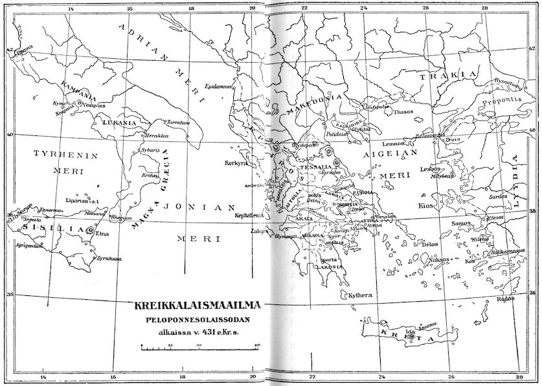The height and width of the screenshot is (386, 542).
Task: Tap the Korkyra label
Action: click(236, 163)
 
